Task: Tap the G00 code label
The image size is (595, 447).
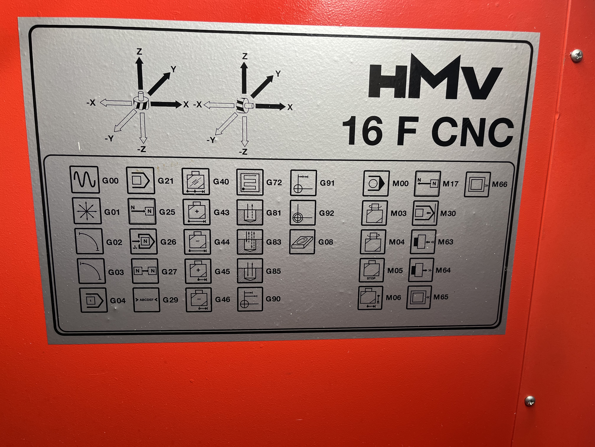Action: click(110, 180)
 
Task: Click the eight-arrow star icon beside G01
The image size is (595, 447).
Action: click(87, 211)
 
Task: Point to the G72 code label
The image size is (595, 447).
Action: click(274, 182)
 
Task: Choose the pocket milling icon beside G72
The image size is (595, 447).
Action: click(250, 182)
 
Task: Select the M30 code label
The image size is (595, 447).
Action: click(448, 213)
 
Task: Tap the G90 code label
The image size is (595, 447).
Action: click(273, 299)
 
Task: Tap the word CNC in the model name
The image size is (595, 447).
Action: click(473, 132)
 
